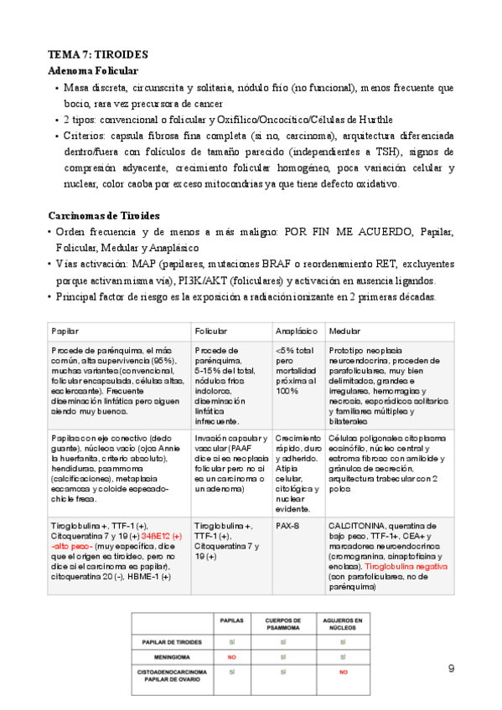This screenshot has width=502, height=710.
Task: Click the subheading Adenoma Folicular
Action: click(x=93, y=71)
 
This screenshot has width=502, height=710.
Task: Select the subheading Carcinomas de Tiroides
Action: click(x=104, y=216)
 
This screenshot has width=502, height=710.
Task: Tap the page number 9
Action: click(x=452, y=645)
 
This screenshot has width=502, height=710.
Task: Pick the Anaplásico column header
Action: click(x=293, y=332)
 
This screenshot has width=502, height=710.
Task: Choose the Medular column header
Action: click(x=344, y=332)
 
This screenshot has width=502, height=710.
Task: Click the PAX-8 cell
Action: click(x=287, y=525)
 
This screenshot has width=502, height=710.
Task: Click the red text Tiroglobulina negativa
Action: click(x=407, y=566)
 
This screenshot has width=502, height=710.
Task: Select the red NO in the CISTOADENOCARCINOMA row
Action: click(x=342, y=672)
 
